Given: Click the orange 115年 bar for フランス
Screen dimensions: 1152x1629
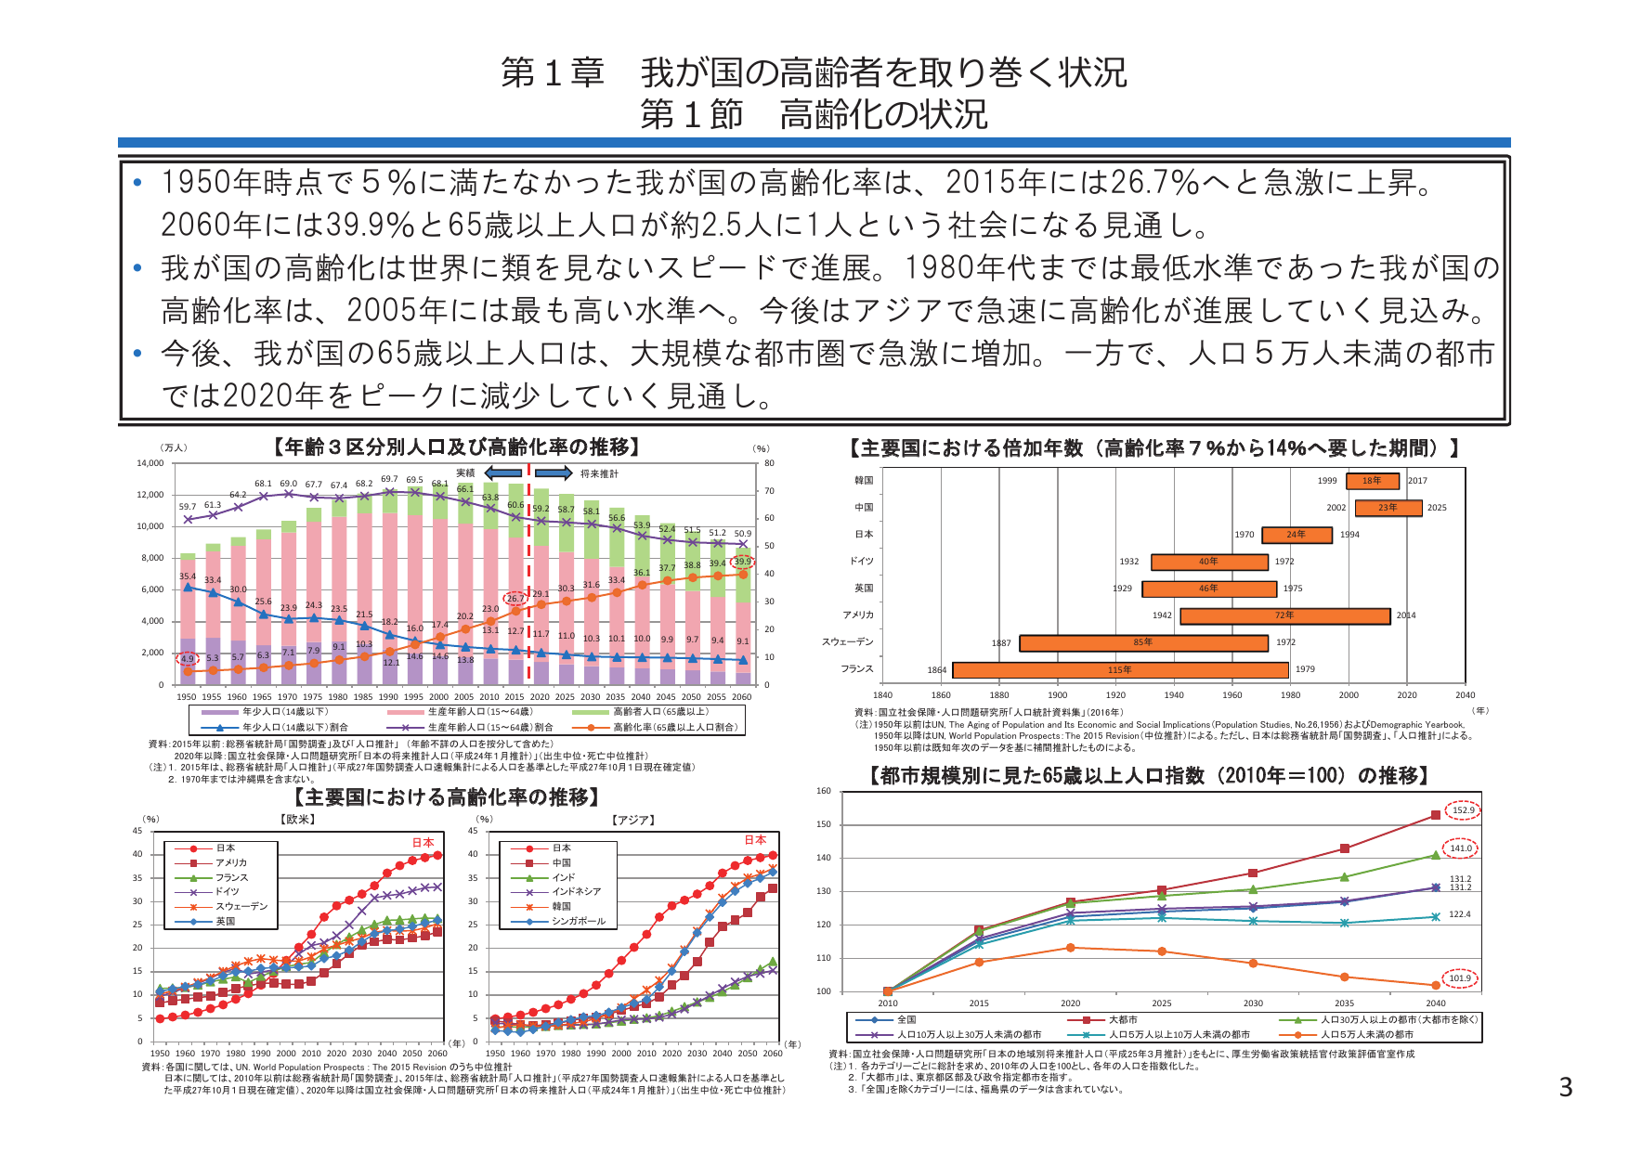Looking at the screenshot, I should click(x=1120, y=670).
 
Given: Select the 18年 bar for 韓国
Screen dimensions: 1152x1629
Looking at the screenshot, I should click(x=1372, y=481).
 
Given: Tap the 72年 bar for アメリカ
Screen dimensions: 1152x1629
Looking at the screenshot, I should click(x=1284, y=615).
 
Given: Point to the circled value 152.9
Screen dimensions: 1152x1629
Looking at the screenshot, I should click(x=1463, y=810).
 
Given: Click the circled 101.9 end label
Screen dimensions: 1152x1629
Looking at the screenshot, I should click(x=1459, y=978).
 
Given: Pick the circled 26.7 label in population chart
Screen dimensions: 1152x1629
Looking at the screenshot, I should click(x=515, y=599).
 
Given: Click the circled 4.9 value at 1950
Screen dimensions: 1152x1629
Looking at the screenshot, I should click(x=188, y=659).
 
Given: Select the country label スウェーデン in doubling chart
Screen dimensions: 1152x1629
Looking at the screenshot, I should click(x=847, y=642).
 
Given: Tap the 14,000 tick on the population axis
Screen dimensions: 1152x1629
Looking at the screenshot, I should click(x=150, y=463).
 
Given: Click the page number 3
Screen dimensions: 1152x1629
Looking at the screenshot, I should click(x=1566, y=1087).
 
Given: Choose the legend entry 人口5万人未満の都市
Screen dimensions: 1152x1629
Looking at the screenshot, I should click(x=1365, y=1034).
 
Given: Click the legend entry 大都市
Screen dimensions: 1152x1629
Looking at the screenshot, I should click(x=1122, y=1019).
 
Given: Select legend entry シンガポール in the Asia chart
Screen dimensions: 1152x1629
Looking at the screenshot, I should click(x=578, y=922).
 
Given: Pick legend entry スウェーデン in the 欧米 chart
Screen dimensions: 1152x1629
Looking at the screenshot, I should click(x=241, y=907).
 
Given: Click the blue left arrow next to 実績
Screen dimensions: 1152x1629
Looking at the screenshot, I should click(x=502, y=473).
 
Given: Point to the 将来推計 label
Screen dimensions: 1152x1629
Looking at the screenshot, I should click(x=599, y=473).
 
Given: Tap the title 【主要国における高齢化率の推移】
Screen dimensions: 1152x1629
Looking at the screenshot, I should click(x=446, y=797).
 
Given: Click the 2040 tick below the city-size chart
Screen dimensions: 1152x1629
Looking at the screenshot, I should click(x=1435, y=1003).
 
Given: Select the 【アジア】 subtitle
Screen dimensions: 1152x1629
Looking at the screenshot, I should click(x=633, y=820).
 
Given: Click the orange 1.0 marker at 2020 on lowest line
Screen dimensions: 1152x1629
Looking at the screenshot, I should click(x=1071, y=948).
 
